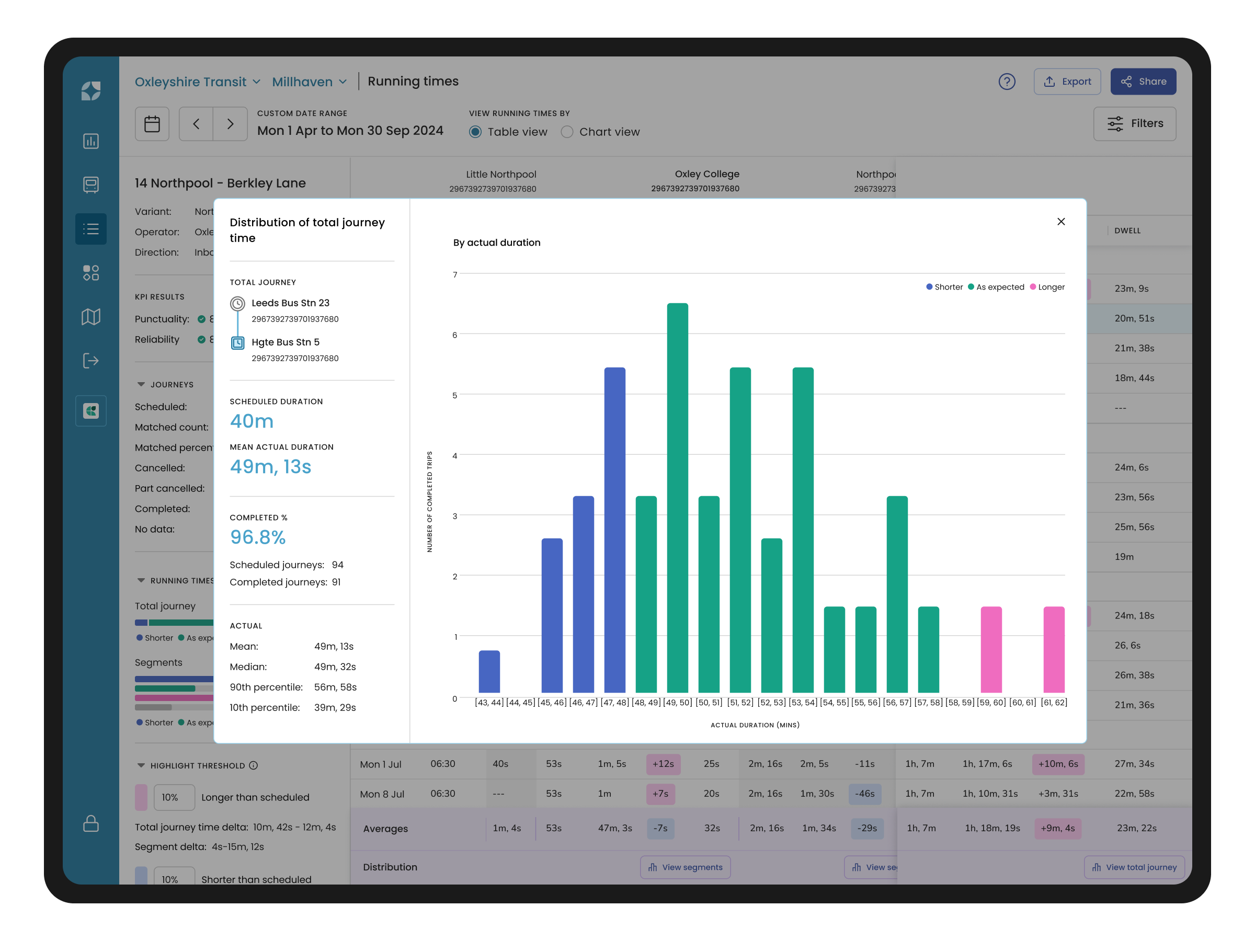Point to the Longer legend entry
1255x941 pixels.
click(x=1047, y=287)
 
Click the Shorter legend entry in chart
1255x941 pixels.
click(x=945, y=287)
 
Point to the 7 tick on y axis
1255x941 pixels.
click(x=454, y=274)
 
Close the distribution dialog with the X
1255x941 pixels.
click(x=1060, y=222)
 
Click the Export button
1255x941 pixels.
click(x=1067, y=82)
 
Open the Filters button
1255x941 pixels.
click(x=1134, y=124)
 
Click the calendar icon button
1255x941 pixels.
click(x=152, y=124)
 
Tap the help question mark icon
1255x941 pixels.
click(x=1007, y=82)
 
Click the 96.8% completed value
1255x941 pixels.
click(x=258, y=537)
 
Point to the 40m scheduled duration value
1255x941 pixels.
click(x=252, y=421)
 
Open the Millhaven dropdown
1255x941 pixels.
click(x=309, y=82)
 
